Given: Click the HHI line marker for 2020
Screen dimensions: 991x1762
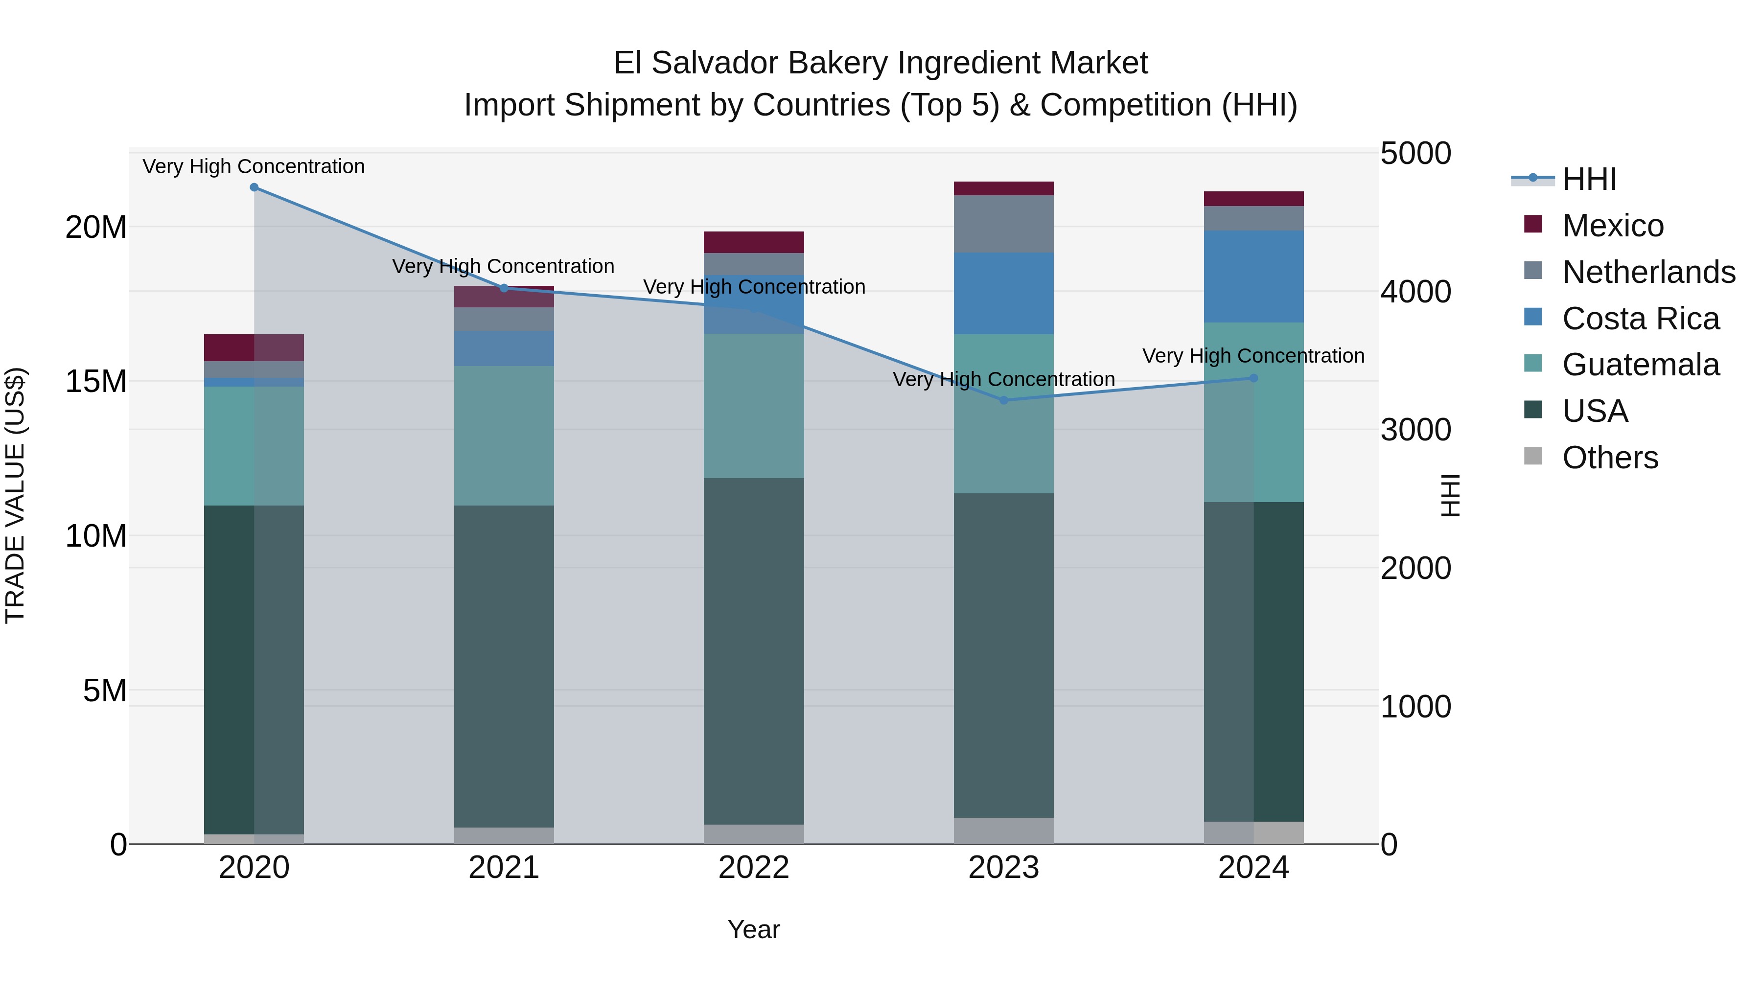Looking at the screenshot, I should pyautogui.click(x=254, y=187).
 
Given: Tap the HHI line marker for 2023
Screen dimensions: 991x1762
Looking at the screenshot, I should pyautogui.click(x=1003, y=400).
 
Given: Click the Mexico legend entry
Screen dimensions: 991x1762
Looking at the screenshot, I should pyautogui.click(x=1612, y=226).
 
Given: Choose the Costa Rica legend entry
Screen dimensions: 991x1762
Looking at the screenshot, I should pyautogui.click(x=1640, y=319).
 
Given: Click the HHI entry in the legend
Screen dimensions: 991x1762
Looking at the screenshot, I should pyautogui.click(x=1589, y=179).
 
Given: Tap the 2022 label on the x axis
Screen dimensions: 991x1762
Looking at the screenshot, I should pyautogui.click(x=753, y=868).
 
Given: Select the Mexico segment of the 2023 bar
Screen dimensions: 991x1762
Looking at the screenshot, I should pyautogui.click(x=1003, y=189).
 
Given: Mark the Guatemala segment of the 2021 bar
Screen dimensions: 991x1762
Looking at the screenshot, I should pyautogui.click(x=504, y=436).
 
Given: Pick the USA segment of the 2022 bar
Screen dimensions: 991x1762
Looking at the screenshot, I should pyautogui.click(x=753, y=650).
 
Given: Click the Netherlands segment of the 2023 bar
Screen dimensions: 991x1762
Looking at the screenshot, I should pyautogui.click(x=1003, y=224).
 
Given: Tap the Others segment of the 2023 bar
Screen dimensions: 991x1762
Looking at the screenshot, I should pyautogui.click(x=1003, y=830).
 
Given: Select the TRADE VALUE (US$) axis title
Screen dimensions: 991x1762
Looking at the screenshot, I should pyautogui.click(x=15, y=495).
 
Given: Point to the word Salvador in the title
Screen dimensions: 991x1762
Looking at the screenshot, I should pyautogui.click(x=715, y=64).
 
